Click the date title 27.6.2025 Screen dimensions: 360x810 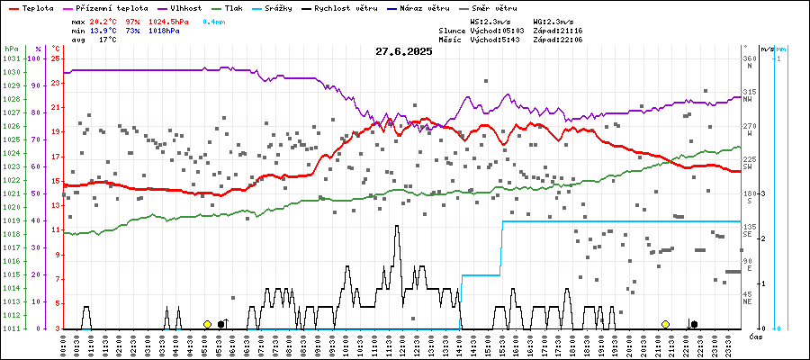pyautogui.click(x=404, y=51)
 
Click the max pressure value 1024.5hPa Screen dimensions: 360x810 pyautogui.click(x=169, y=21)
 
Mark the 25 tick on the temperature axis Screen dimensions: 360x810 pyautogui.click(x=55, y=58)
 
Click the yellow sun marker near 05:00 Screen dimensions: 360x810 pyautogui.click(x=207, y=324)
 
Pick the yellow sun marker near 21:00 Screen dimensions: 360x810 pyautogui.click(x=665, y=324)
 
